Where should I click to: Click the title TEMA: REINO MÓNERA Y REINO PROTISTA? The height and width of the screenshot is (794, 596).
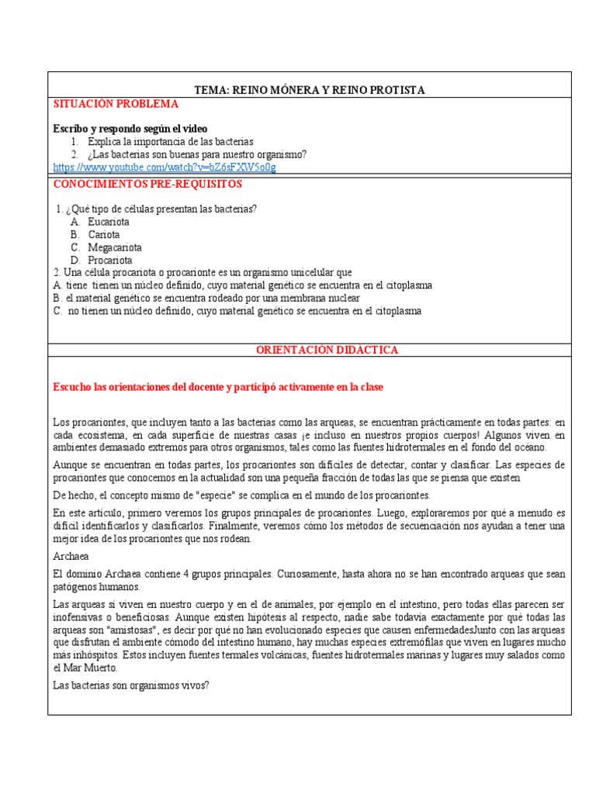309,90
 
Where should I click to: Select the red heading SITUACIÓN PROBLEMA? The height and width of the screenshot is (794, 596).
116,104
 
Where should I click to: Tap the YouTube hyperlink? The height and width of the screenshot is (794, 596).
165,167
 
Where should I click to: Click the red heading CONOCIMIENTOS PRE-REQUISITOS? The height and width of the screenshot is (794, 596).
147,184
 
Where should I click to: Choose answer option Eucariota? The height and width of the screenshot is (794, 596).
109,222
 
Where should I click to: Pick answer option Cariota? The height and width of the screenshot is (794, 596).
104,234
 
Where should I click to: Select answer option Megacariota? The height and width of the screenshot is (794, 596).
115,247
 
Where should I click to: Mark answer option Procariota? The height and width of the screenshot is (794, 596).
110,261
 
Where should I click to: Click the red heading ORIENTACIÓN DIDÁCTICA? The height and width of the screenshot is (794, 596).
327,350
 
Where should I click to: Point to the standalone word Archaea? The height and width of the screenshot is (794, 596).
72,555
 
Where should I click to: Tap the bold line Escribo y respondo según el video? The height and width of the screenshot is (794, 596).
130,128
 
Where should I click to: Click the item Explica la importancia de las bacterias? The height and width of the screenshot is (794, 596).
170,142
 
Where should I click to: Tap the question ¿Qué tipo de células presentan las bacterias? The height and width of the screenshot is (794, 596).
161,209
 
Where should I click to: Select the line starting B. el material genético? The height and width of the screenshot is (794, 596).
206,298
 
